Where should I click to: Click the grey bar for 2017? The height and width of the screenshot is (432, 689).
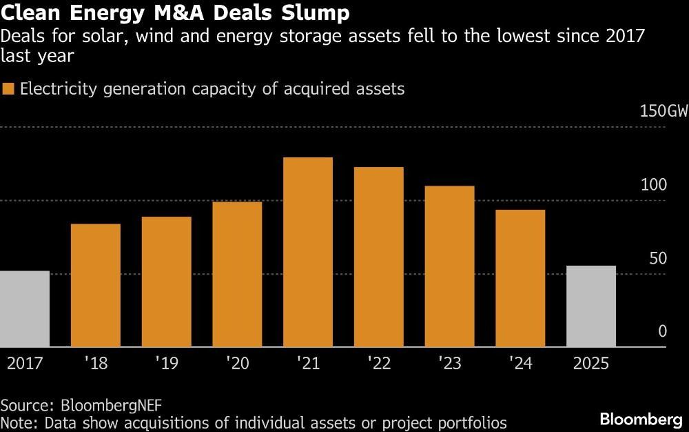25,309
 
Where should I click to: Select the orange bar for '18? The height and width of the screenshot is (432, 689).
96,286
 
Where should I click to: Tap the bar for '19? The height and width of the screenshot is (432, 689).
166,282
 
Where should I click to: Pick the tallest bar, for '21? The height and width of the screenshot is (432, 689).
308,253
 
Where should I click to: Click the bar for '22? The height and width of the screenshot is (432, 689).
378,257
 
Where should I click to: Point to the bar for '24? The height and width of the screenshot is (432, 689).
520,278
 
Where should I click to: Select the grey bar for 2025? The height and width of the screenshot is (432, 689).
591,306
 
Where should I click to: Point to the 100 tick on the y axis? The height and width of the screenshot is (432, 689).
653,185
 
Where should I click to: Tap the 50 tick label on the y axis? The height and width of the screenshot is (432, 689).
658,258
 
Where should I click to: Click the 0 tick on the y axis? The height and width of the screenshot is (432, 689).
662,331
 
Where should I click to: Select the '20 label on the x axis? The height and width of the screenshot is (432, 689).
237,363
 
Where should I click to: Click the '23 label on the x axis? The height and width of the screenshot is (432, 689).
449,363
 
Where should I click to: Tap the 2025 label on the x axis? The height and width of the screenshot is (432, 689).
591,363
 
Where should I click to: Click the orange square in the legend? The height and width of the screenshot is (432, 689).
8,89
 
